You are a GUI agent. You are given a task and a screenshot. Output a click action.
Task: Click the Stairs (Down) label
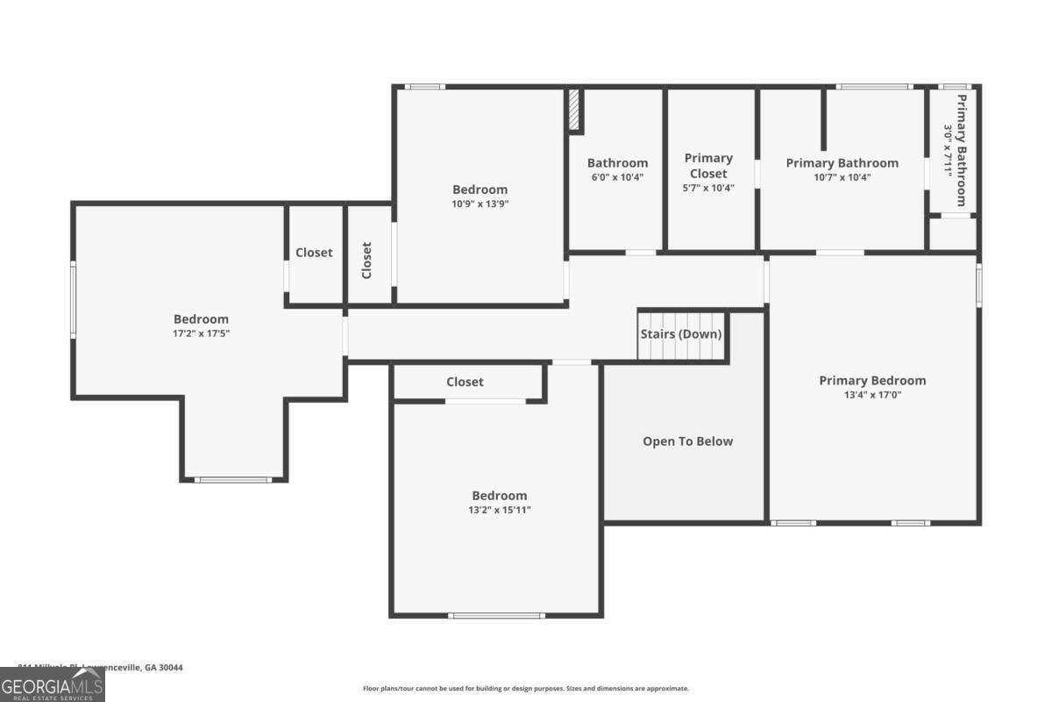tap(680, 334)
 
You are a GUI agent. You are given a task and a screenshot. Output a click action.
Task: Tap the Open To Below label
tap(687, 441)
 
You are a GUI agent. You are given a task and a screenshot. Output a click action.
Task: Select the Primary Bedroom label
tap(872, 380)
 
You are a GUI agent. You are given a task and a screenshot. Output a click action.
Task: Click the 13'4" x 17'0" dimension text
tap(872, 395)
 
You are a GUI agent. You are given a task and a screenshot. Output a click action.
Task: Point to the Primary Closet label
tap(708, 165)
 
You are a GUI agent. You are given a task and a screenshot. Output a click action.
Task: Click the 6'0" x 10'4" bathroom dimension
tap(617, 177)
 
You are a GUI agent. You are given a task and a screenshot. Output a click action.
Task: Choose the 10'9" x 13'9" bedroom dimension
tap(480, 204)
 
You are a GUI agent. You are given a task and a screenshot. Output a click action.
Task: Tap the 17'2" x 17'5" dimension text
tap(201, 333)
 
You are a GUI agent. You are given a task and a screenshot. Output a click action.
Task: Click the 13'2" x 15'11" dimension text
tap(500, 510)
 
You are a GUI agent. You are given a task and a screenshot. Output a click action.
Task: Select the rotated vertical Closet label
tap(366, 260)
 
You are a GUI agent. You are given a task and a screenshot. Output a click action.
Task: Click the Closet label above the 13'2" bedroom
tap(465, 382)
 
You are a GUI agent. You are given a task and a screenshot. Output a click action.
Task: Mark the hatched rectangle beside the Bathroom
tap(575, 110)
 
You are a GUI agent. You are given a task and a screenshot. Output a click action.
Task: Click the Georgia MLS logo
tap(52, 684)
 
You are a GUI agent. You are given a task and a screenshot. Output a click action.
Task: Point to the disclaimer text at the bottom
tap(526, 689)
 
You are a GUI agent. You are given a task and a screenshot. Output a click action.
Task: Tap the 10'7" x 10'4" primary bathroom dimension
tap(842, 177)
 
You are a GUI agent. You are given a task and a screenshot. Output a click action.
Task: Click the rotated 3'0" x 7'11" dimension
tap(948, 150)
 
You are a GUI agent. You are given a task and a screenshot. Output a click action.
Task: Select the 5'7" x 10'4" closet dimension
tap(708, 188)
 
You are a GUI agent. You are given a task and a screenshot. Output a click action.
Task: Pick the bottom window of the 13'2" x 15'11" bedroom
tap(496, 615)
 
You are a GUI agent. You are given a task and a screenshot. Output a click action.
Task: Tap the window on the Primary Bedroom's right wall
tap(978, 285)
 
